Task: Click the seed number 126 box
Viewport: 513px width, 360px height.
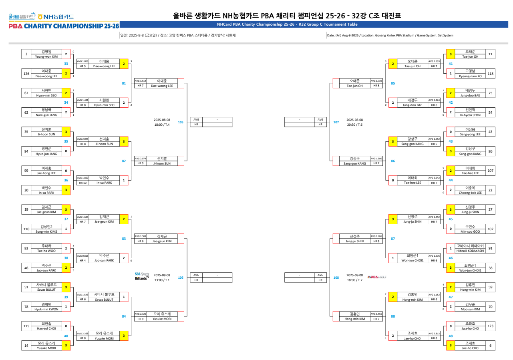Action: tap(26, 73)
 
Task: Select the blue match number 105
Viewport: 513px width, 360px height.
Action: tap(181, 122)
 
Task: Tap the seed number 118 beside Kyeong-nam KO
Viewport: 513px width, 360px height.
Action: tap(490, 73)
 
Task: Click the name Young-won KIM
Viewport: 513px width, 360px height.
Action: tap(46, 56)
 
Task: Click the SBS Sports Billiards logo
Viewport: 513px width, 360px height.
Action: tap(142, 276)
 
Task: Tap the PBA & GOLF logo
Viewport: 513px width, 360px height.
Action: tap(376, 277)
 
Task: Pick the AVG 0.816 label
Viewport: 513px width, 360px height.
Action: tap(82, 255)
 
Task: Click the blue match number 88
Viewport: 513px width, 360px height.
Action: tap(393, 316)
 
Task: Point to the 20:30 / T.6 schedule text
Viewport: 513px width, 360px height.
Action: tap(354, 125)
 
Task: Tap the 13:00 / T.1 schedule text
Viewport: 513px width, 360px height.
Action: tap(162, 280)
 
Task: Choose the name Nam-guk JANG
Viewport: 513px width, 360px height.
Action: tap(46, 115)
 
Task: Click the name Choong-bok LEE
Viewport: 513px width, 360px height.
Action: tap(470, 193)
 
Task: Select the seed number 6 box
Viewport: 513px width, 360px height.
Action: tap(490, 346)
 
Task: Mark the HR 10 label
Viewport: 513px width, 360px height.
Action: tap(82, 183)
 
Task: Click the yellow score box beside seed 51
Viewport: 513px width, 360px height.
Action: tap(66, 287)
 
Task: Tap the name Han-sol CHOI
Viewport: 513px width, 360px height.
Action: tap(46, 328)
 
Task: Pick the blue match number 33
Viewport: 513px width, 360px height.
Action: tap(66, 64)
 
